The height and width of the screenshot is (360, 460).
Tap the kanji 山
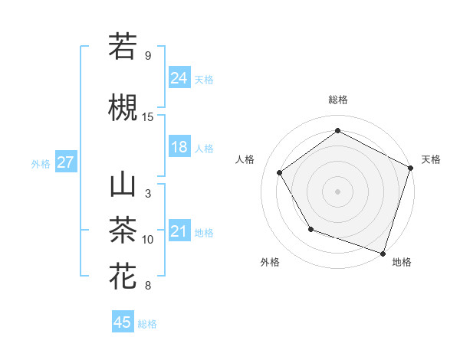(x=123, y=186)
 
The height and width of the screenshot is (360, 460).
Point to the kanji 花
(x=123, y=274)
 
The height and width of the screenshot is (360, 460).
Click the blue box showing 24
(x=179, y=77)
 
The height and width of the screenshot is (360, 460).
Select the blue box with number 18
(x=179, y=147)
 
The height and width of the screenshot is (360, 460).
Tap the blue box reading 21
(x=179, y=231)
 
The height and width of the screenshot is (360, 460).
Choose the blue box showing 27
(x=65, y=162)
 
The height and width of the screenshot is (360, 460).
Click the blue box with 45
(x=122, y=322)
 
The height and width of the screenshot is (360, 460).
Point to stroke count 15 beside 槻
(x=148, y=116)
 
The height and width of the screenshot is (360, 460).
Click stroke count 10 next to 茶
(x=148, y=240)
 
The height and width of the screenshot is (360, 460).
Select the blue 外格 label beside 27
(x=41, y=163)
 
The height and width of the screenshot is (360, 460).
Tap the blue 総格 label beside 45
(x=147, y=323)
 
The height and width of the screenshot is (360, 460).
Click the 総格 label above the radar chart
(x=337, y=100)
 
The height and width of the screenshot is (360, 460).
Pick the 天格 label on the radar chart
(x=431, y=159)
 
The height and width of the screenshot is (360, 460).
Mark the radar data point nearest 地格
(x=383, y=252)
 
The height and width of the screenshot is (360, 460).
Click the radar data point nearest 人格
(x=280, y=172)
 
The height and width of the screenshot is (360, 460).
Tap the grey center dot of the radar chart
(x=337, y=191)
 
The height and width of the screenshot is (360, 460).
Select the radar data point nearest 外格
(x=310, y=228)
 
